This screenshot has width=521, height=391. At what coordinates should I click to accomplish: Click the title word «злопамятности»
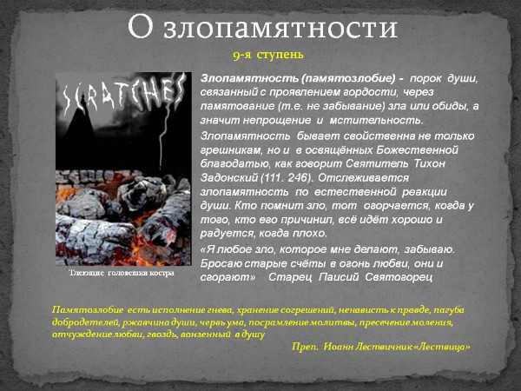pos(280,27)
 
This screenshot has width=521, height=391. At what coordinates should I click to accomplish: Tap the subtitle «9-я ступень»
pos(267,55)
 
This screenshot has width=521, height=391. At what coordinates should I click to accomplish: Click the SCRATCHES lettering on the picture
pos(124,95)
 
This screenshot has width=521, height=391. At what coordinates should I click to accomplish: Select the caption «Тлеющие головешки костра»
pos(122,274)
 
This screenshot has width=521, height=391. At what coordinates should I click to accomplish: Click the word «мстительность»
pos(377,121)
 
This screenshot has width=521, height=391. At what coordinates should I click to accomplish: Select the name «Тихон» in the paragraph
pos(429,163)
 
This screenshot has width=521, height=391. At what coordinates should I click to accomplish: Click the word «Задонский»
pos(229,178)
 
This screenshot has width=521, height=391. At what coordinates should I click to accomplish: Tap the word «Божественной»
pos(418,150)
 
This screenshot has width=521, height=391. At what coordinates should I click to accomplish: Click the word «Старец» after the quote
pos(290,277)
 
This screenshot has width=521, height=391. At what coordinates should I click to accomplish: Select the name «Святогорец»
pos(399,277)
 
